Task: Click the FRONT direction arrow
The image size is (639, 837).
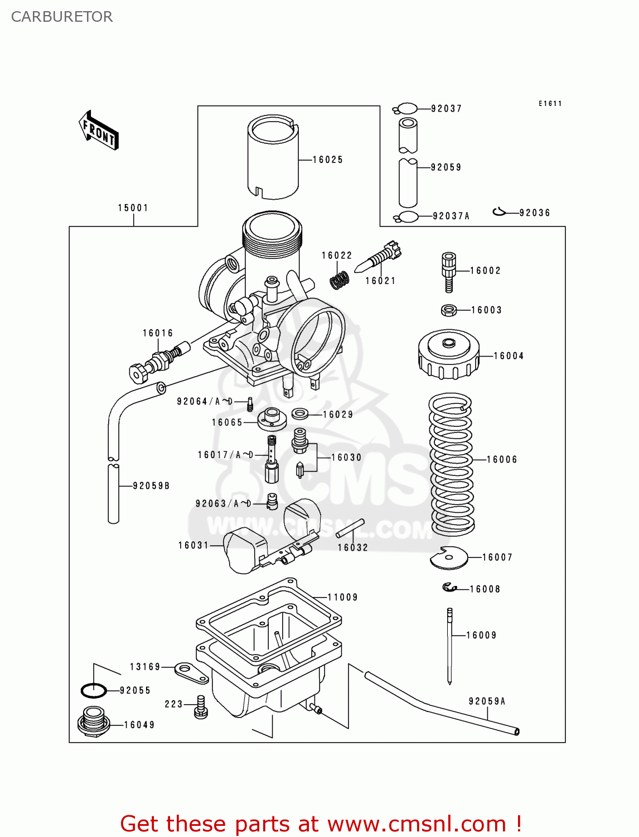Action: click(99, 131)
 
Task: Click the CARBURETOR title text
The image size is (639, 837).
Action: click(62, 17)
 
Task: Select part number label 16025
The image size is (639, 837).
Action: click(327, 160)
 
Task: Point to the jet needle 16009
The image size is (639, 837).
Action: click(449, 646)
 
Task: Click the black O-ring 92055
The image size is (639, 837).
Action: click(94, 690)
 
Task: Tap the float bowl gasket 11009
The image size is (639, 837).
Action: click(268, 619)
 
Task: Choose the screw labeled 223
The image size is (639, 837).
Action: click(201, 706)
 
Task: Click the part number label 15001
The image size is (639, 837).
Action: click(133, 208)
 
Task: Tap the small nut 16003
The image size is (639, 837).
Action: click(449, 310)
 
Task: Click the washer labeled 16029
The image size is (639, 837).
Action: click(300, 414)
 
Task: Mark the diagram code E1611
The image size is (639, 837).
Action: click(550, 103)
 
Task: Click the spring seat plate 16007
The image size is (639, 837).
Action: click(448, 558)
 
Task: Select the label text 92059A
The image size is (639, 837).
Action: click(487, 701)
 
